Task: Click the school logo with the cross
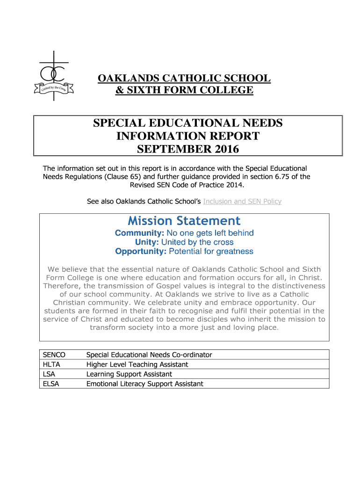(x=54, y=76)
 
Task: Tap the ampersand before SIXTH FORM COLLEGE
(x=120, y=90)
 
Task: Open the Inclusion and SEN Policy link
(x=242, y=202)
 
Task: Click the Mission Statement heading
(x=184, y=221)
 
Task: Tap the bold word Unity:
(x=147, y=242)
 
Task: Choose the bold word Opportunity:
(x=141, y=252)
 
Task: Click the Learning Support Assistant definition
(x=129, y=374)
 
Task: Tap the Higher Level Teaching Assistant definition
(x=137, y=364)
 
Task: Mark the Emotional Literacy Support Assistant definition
(x=144, y=384)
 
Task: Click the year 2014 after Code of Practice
(x=234, y=185)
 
